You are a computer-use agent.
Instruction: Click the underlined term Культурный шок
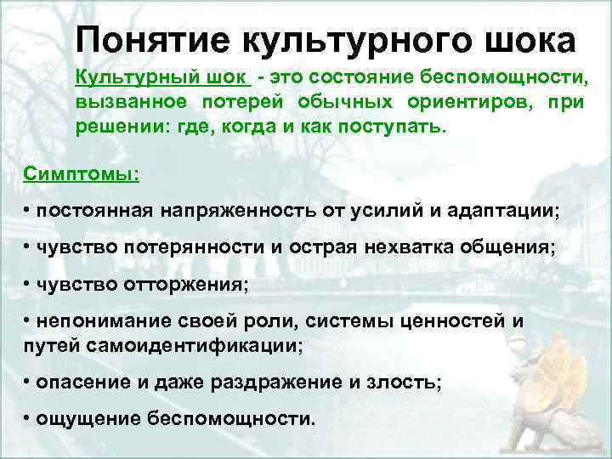tap(161, 78)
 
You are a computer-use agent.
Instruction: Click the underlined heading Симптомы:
tap(82, 173)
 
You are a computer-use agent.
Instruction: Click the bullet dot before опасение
tap(28, 382)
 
